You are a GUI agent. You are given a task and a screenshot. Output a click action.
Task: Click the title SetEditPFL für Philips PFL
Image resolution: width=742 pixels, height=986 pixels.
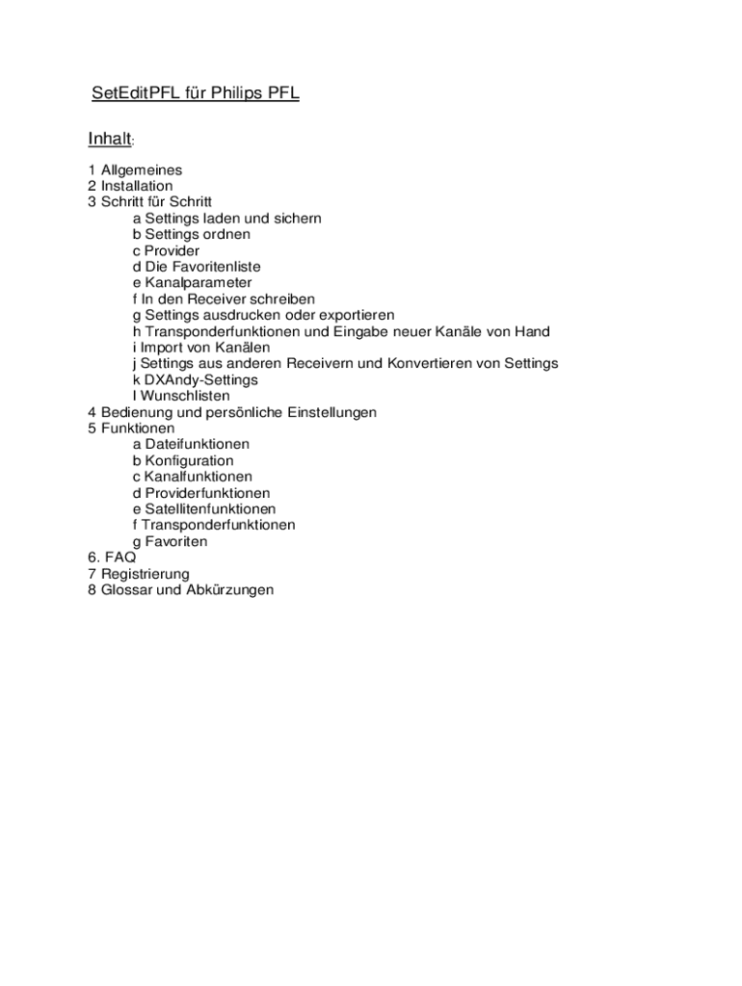coord(196,94)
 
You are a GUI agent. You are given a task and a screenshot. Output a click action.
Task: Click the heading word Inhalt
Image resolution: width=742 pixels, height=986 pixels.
coord(109,140)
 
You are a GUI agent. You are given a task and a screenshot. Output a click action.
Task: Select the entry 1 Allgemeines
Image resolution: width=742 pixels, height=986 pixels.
coord(135,169)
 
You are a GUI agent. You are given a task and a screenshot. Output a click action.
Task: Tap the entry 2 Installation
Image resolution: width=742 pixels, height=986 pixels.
coord(130,186)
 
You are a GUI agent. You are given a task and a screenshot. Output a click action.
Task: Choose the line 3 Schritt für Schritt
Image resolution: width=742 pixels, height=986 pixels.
coord(149,202)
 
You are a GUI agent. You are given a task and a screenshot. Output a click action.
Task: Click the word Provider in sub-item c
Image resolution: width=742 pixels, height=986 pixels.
coord(172,250)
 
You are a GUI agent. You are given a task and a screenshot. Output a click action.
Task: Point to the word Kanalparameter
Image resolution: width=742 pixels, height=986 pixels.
coord(199,283)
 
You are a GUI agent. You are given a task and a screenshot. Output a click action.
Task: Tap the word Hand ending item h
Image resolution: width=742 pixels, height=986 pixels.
coord(532,331)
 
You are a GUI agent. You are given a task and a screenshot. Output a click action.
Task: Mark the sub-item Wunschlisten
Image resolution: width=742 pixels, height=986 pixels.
coord(186,396)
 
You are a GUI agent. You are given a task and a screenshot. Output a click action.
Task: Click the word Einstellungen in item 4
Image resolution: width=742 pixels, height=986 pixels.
coord(329,412)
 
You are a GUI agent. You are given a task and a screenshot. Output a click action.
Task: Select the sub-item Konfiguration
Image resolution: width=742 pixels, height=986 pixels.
coord(189,460)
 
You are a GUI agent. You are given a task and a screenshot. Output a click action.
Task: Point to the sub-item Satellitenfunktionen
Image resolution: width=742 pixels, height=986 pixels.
coord(210,508)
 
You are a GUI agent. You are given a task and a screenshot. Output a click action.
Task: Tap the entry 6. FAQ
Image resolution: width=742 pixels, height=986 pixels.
coord(112,558)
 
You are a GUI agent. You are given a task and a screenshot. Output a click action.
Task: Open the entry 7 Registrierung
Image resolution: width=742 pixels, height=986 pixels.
coord(139,574)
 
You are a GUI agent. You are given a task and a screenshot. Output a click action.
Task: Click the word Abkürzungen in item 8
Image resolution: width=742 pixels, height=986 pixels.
coord(226,589)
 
